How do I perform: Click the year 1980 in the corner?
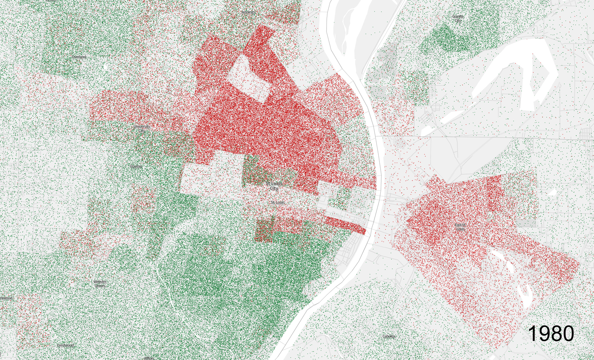tap(551, 333)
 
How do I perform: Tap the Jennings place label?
tap(248, 12)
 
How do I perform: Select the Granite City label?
tap(458, 18)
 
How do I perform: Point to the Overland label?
tap(78, 57)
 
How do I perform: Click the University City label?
tap(141, 129)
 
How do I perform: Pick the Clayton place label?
tap(136, 167)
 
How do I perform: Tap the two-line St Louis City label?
tap(274, 186)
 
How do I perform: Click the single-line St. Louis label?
tap(278, 203)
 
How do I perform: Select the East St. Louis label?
tap(460, 227)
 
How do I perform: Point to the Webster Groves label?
tap(100, 284)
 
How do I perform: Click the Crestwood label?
tap(65, 345)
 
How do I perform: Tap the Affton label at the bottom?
tap(149, 358)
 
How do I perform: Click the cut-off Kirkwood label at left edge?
tap(6, 298)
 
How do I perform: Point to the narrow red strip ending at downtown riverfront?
tap(346, 225)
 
